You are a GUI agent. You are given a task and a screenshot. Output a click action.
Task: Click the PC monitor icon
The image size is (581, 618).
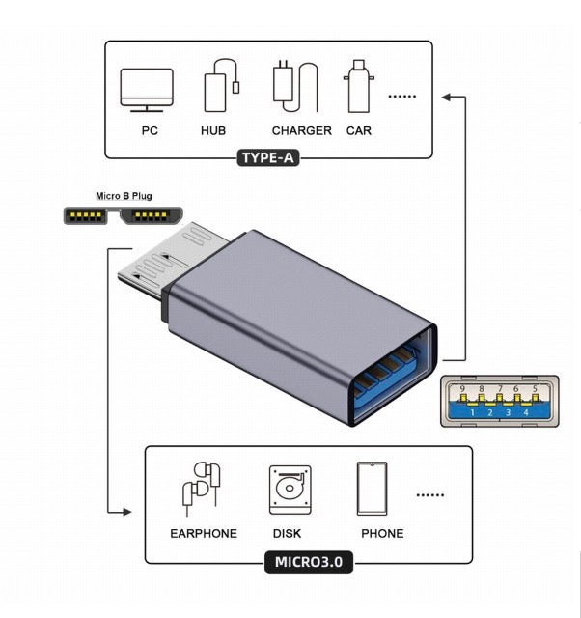[x=147, y=89]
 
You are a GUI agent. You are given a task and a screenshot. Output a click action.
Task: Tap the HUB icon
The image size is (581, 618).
[x=219, y=88]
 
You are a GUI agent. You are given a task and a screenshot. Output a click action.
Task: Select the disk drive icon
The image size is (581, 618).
[x=289, y=491]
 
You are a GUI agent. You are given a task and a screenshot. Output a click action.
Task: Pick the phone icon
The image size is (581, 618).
[x=374, y=490]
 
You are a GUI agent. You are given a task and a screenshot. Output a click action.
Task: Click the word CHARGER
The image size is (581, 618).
[x=301, y=130]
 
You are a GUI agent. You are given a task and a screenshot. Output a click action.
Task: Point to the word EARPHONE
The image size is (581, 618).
[x=204, y=533]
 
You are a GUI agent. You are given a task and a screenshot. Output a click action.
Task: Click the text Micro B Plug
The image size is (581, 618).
[x=124, y=195]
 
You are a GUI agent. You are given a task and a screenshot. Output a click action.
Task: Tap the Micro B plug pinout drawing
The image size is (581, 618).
[x=124, y=213]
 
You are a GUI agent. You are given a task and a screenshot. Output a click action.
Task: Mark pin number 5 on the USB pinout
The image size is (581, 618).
[x=534, y=389]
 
